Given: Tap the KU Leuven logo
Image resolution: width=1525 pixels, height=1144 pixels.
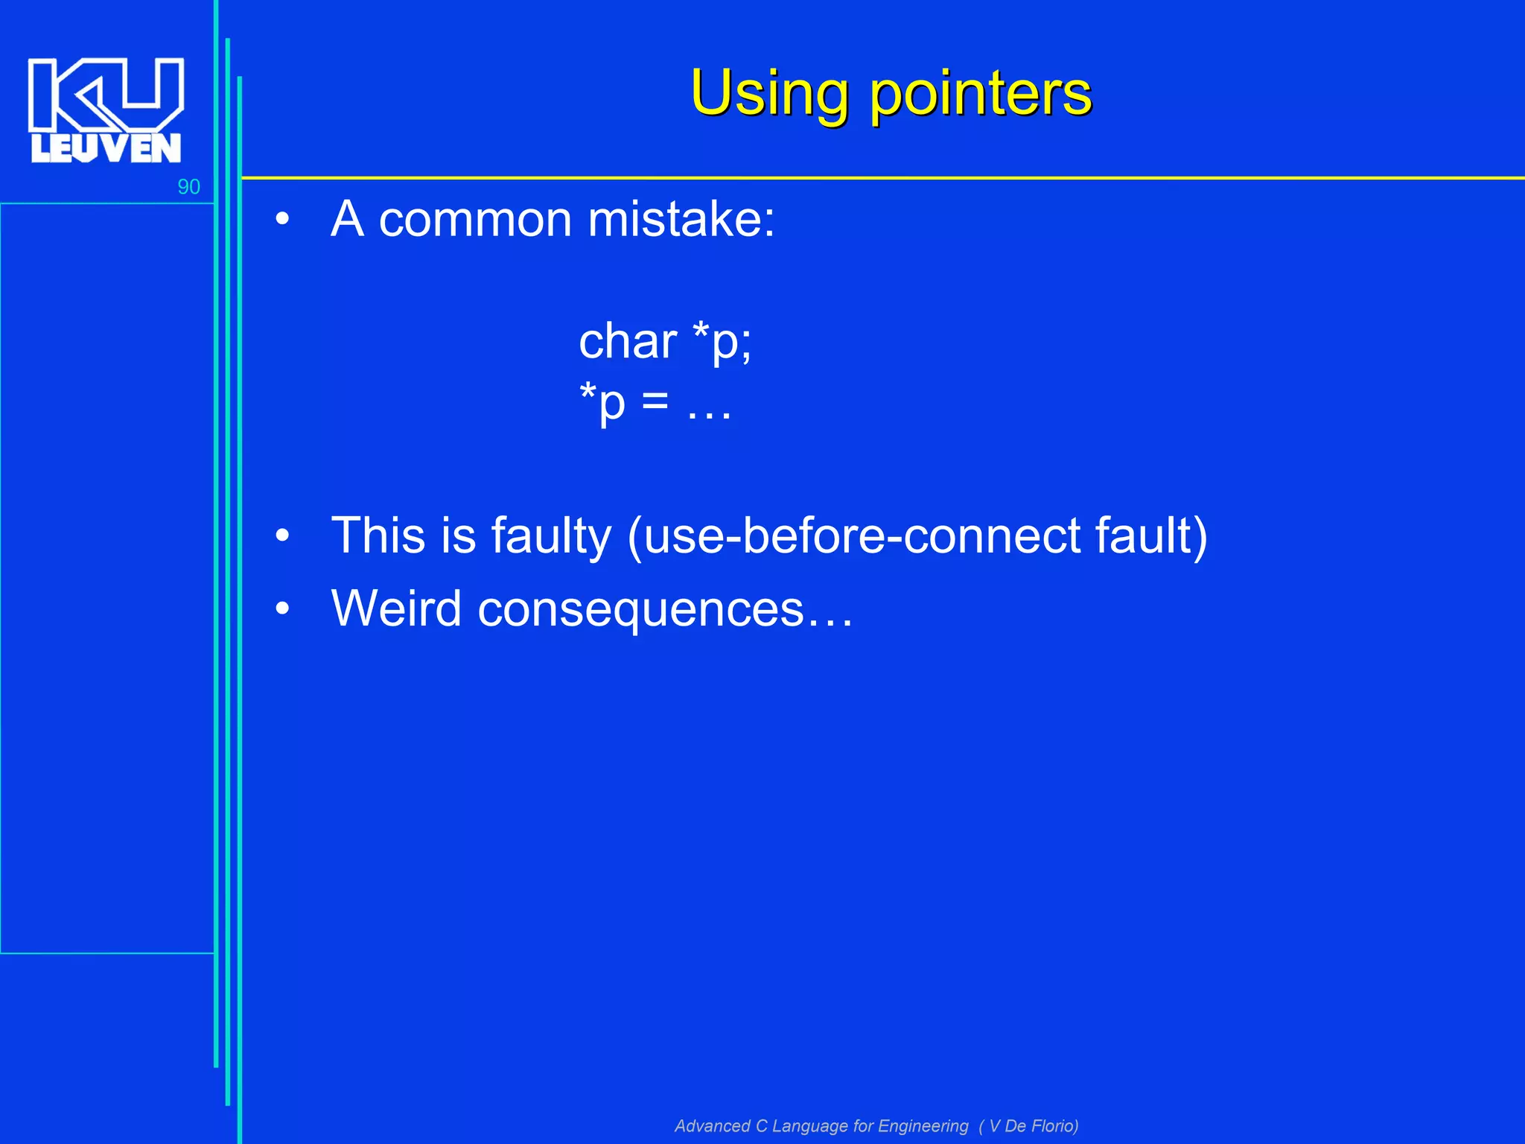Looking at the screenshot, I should [106, 109].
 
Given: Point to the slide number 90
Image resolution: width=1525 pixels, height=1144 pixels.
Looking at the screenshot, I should [188, 187].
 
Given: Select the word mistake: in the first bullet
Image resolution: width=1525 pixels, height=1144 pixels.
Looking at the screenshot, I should [681, 220].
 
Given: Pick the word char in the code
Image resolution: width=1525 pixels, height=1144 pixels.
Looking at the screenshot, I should [627, 342].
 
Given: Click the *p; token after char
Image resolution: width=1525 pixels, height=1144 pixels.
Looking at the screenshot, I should [722, 342].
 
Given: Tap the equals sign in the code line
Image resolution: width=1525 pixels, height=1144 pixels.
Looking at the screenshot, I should [655, 404].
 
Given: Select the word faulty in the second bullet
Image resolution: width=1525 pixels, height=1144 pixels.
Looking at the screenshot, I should [551, 536].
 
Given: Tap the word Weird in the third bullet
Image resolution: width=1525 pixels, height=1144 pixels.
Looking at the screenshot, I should [396, 608].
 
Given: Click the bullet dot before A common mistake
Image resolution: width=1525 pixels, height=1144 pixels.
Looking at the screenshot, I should [281, 220].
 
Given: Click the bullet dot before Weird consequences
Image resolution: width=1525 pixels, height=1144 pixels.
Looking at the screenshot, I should [281, 608].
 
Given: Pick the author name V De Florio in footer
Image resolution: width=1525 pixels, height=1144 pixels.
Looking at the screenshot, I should [1032, 1126].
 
